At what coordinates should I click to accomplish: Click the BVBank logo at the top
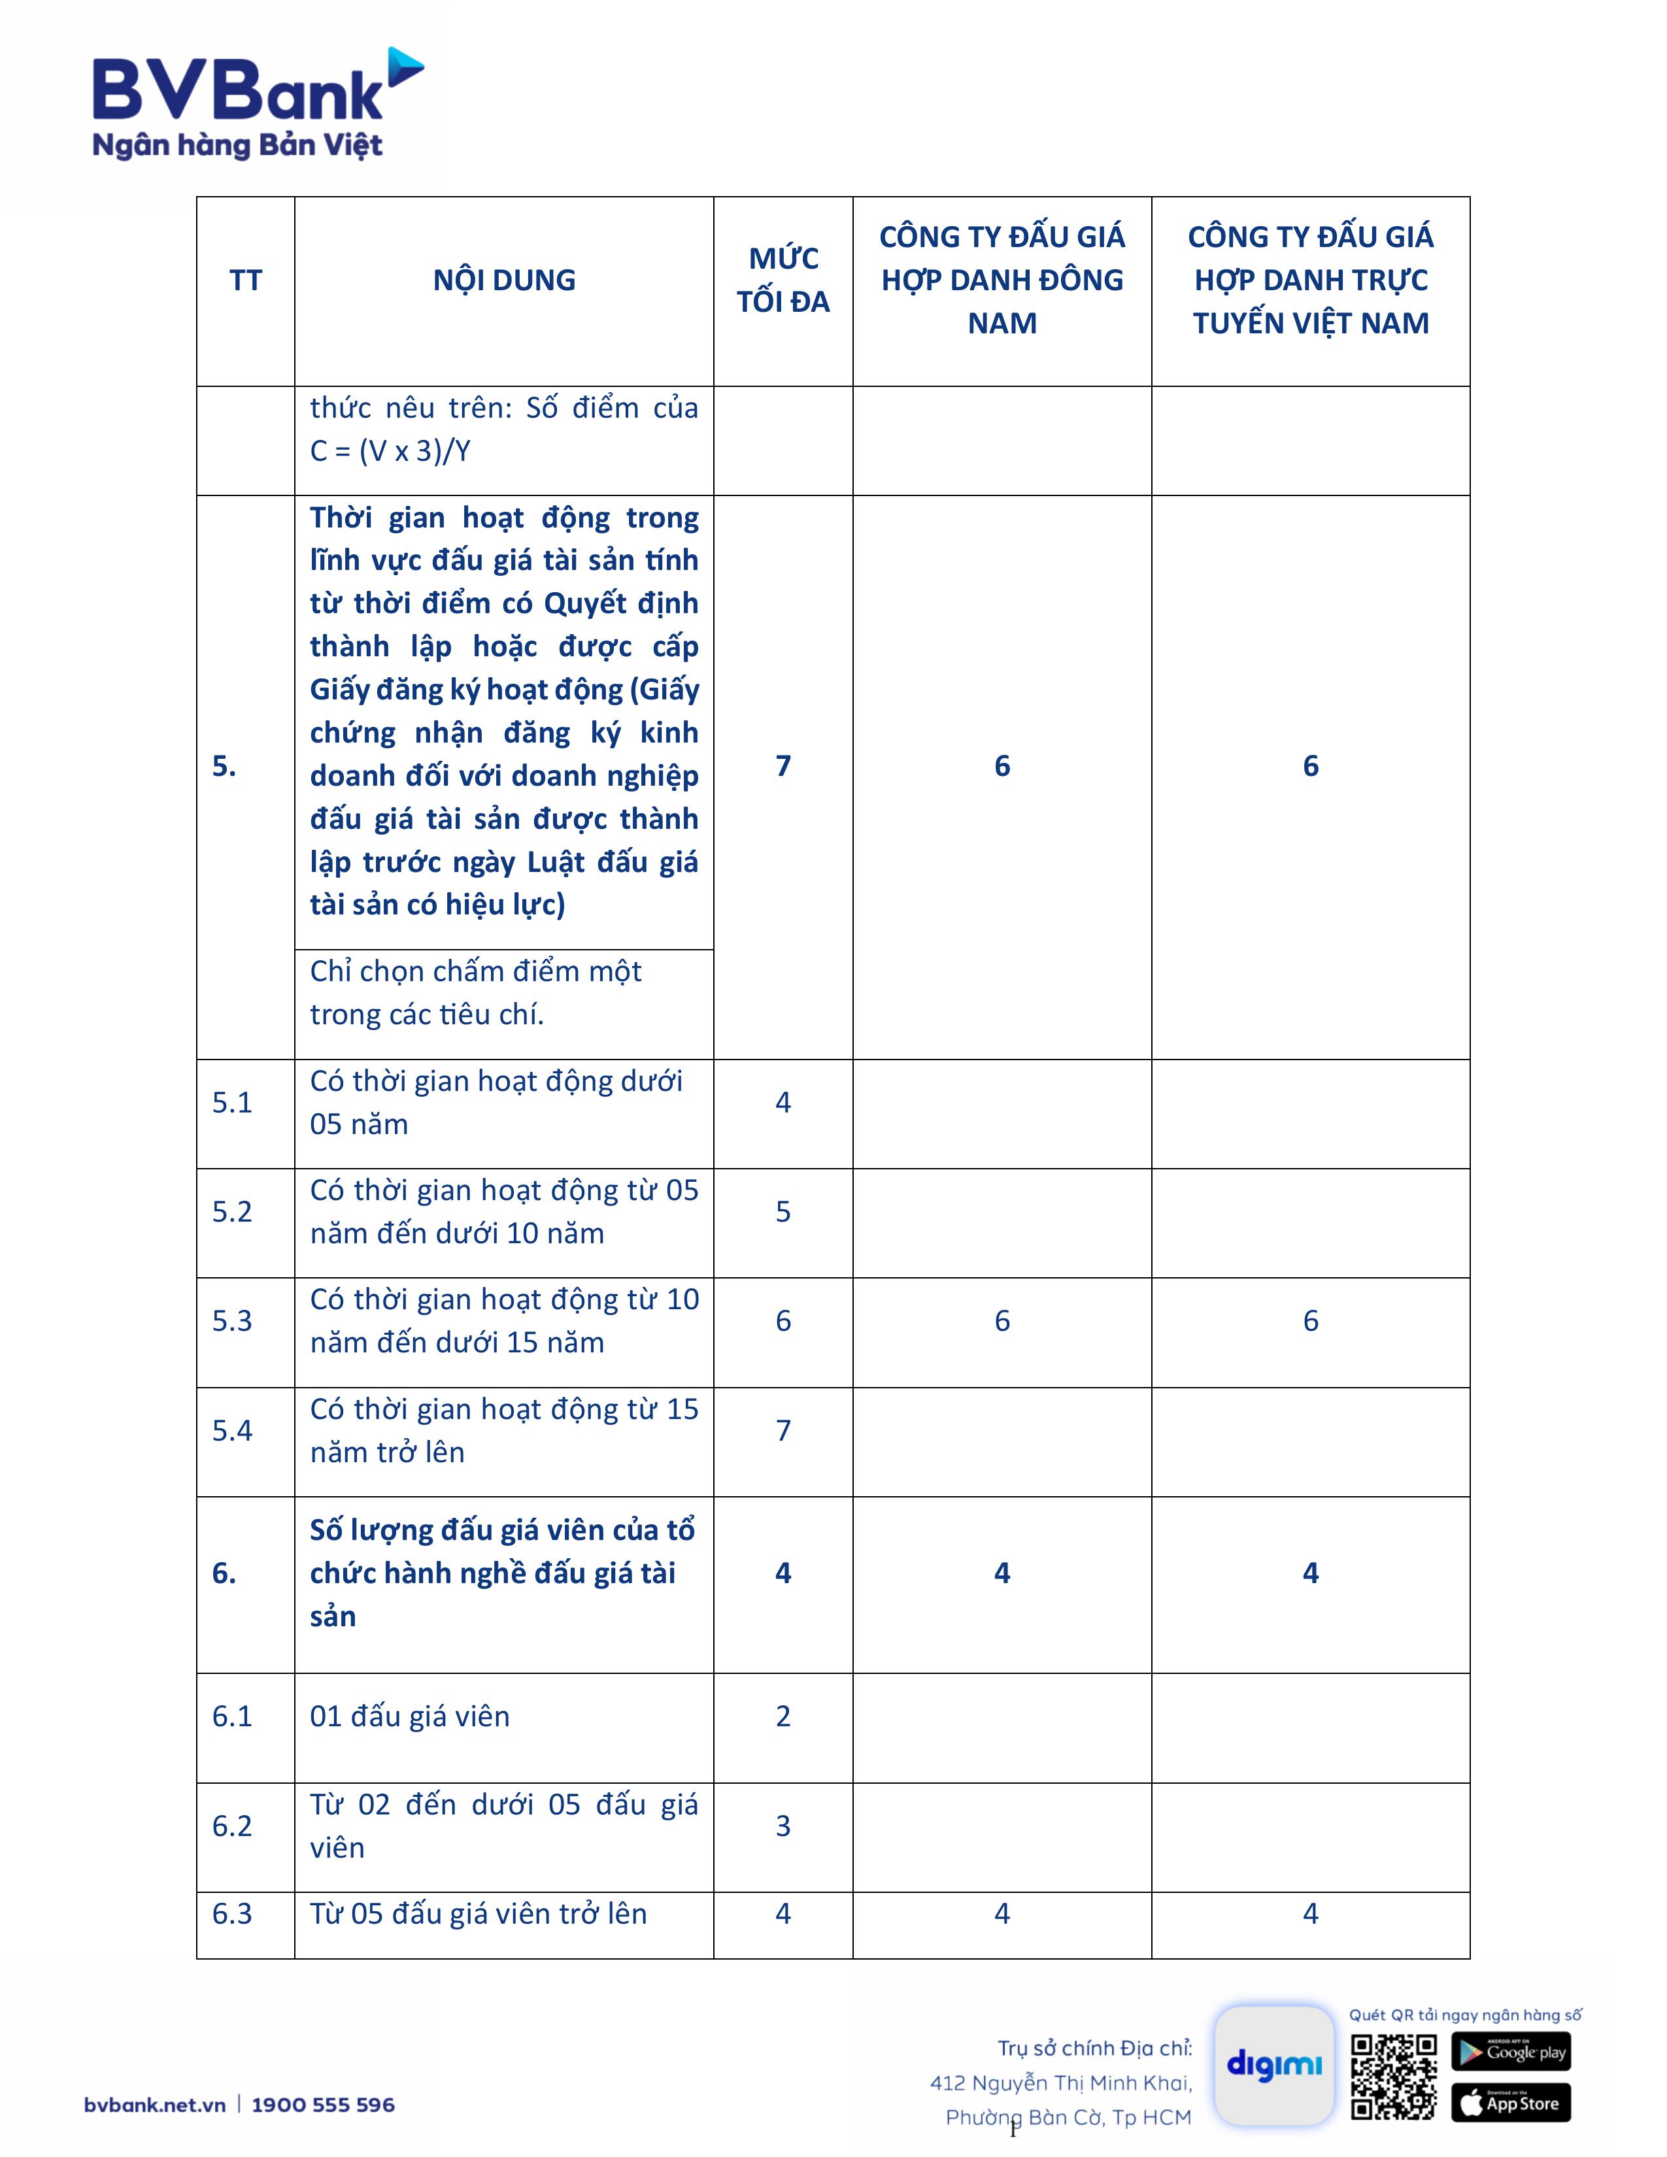click(x=257, y=104)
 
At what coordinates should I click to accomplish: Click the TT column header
click(x=246, y=280)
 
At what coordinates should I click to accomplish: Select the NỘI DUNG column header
click(x=503, y=280)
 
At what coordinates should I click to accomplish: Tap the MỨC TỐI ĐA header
click(x=783, y=280)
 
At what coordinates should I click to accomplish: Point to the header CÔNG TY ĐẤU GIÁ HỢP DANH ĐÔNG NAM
click(x=1002, y=280)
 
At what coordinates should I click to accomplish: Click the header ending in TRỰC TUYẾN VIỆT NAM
click(x=1311, y=280)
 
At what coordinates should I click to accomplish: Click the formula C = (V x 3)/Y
click(x=390, y=452)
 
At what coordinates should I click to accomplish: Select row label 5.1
click(x=232, y=1102)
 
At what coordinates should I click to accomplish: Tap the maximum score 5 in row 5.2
click(x=783, y=1212)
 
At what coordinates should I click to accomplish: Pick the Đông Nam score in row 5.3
click(x=1002, y=1322)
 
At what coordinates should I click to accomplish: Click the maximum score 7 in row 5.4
click(x=783, y=1430)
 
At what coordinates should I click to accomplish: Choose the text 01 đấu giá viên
click(x=410, y=1716)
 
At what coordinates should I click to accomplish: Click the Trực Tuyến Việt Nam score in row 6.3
click(x=1311, y=1914)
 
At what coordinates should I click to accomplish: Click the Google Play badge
click(x=1511, y=2051)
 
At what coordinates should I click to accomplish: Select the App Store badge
click(x=1511, y=2103)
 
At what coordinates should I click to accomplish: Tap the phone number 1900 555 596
click(x=323, y=2105)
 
